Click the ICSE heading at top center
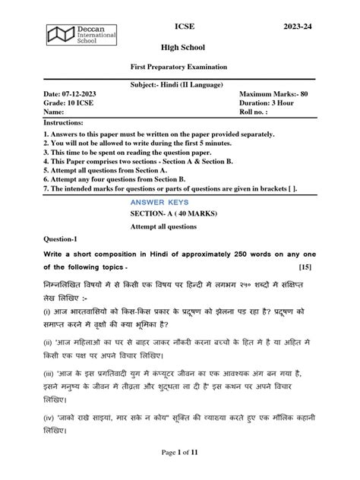click(x=185, y=26)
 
